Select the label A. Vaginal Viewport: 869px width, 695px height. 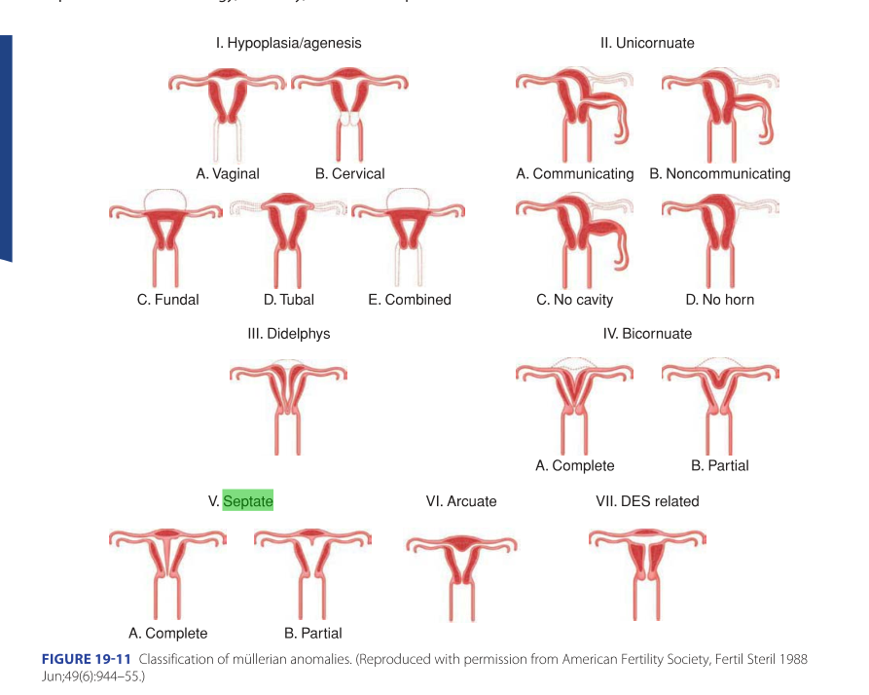228,174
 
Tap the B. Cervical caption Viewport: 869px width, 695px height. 349,174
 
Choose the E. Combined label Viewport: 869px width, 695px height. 410,300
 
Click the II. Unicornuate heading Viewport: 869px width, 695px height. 647,43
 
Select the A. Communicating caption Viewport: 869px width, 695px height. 574,174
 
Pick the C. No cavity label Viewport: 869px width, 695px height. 575,300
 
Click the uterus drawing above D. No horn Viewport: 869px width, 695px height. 720,234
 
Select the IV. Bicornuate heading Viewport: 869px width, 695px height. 647,334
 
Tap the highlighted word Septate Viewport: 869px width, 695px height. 248,501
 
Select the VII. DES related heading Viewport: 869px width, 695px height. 647,501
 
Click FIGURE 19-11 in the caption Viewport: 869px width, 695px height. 86,660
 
